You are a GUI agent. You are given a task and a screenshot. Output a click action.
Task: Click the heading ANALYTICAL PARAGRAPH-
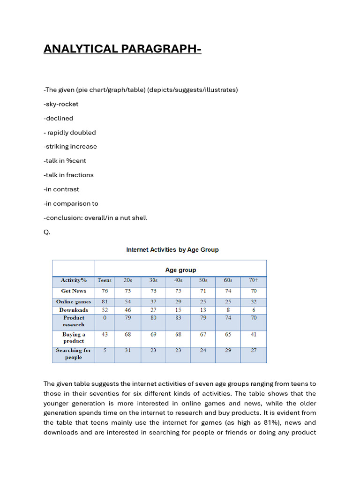(x=122, y=49)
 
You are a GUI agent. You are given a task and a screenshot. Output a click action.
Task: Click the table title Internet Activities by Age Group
(x=172, y=250)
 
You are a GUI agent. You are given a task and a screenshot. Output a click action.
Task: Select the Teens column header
(x=105, y=280)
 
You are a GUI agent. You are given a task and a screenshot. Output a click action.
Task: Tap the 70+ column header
(x=253, y=280)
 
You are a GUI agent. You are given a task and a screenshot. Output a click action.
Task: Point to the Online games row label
(x=74, y=302)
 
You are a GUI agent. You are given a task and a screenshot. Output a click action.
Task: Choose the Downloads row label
(x=74, y=310)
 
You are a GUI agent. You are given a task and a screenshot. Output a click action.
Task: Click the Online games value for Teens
(x=105, y=302)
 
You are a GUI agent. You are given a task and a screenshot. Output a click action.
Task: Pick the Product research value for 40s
(x=178, y=318)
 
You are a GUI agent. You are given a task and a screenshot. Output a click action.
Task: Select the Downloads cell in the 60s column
(x=228, y=310)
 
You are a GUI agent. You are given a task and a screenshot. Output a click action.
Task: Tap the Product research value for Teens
(x=105, y=318)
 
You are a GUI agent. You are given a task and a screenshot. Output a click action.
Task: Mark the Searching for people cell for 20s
(x=127, y=351)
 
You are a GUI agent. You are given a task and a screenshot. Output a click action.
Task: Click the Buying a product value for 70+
(x=253, y=335)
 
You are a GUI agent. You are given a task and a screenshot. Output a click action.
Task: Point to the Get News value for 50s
(x=203, y=291)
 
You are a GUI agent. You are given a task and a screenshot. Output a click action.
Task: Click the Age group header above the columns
(x=180, y=270)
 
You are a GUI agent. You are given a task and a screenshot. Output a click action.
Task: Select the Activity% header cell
(x=74, y=280)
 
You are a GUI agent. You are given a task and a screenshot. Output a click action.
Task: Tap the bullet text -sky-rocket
(x=61, y=104)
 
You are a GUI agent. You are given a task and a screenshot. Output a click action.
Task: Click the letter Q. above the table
(x=47, y=232)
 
